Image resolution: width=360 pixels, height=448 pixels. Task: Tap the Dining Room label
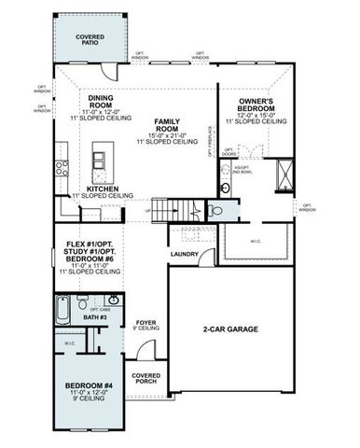(100, 104)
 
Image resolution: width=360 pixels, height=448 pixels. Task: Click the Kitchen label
(102, 189)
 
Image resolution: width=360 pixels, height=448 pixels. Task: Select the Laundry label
(183, 253)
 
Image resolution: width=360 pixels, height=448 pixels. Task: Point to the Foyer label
(144, 321)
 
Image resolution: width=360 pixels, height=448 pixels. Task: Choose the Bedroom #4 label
(89, 386)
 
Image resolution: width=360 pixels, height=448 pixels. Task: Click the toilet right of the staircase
(215, 211)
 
